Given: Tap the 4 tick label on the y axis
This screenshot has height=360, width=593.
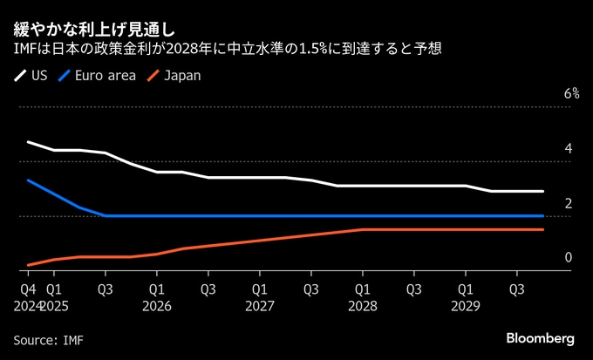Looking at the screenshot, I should [569, 149].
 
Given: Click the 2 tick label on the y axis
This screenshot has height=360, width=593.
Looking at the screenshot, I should [569, 203].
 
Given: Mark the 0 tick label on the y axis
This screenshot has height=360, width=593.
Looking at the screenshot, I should [569, 257].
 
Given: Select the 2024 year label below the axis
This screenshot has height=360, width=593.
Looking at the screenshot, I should [27, 306].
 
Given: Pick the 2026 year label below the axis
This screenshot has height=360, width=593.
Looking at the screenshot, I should [157, 306].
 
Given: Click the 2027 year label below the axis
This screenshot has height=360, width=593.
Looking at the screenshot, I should [260, 306].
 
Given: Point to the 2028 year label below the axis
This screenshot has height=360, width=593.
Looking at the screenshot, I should [363, 306].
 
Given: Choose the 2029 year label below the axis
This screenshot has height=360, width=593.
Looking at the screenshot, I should [466, 306].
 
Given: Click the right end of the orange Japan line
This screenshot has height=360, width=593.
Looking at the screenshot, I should [543, 229].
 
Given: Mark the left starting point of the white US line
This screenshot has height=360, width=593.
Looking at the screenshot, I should [28, 142].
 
